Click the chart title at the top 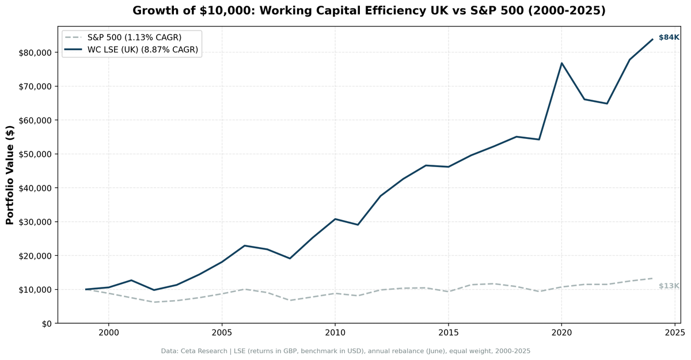(x=369, y=11)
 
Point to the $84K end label (x=669, y=37)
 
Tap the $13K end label (x=669, y=286)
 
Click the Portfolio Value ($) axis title (x=10, y=175)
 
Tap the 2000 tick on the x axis (x=108, y=333)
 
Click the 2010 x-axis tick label (x=335, y=333)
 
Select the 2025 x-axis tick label (x=674, y=333)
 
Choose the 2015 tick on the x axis (x=448, y=333)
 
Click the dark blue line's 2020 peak (x=561, y=63)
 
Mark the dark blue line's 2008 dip (x=290, y=258)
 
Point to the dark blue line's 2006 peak (x=245, y=245)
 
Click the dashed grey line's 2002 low (x=154, y=302)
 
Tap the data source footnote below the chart (x=345, y=351)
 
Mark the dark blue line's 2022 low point (x=607, y=104)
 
